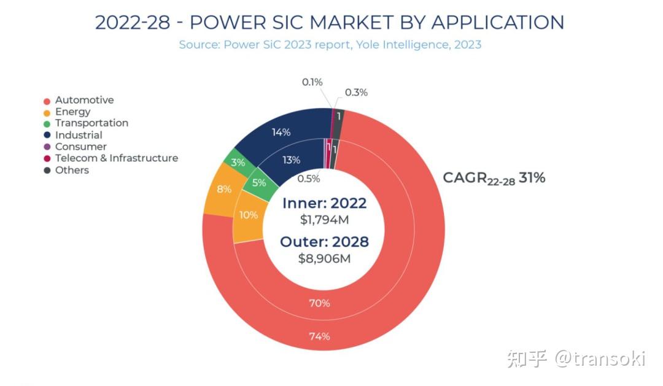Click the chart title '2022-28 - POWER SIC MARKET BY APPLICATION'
[x=330, y=23]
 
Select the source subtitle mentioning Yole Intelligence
[x=330, y=45]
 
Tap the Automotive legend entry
[x=84, y=100]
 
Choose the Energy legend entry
[x=72, y=112]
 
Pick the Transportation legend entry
[x=91, y=123]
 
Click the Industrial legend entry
[x=79, y=135]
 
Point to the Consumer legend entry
[x=80, y=147]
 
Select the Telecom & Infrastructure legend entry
[x=116, y=158]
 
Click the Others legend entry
[x=72, y=170]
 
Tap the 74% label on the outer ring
[x=319, y=336]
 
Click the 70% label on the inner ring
[x=319, y=303]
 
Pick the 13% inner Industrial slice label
[x=291, y=160]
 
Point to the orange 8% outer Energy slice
[x=224, y=189]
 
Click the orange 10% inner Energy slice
[x=249, y=215]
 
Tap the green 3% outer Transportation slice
[x=238, y=163]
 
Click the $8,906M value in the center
[x=324, y=258]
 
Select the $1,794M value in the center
[x=324, y=220]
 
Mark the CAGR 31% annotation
[x=494, y=179]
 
